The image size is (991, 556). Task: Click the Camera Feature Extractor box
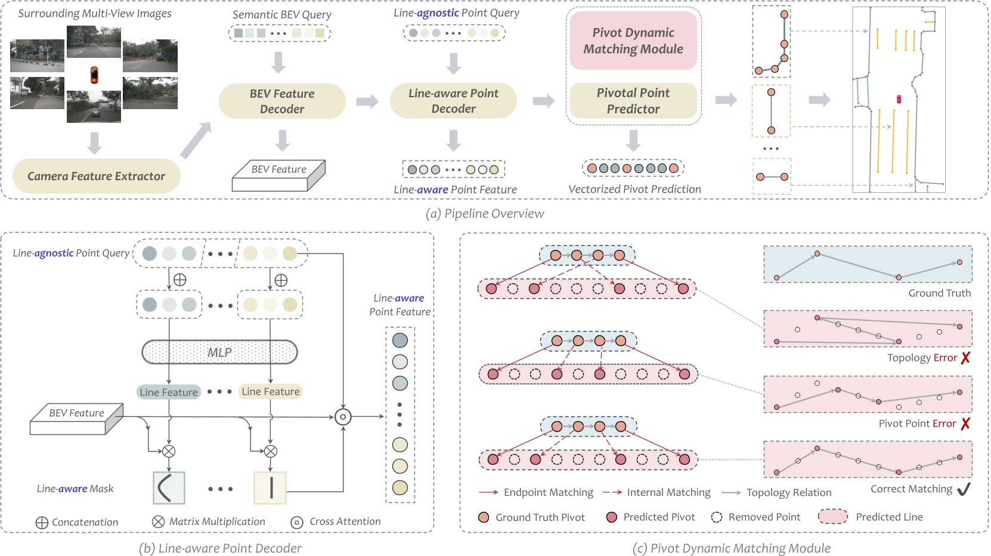[x=96, y=176]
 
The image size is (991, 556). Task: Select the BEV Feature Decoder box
[x=281, y=101]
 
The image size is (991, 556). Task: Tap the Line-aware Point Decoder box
[x=453, y=101]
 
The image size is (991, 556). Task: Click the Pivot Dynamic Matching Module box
[x=633, y=41]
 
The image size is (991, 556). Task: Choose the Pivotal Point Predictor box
[x=633, y=101]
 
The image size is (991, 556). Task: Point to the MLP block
[x=219, y=353]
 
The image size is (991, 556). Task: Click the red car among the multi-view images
[x=94, y=75]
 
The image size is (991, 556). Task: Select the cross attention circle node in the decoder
[x=343, y=417]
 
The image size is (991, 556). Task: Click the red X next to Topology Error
[x=965, y=358]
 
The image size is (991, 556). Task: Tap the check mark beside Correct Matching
[x=964, y=489]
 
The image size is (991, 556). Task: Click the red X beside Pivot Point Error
[x=965, y=424]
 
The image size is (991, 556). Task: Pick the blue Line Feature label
[x=169, y=392]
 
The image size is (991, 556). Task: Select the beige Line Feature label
[x=271, y=391]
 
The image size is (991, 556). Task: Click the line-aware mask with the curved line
[x=169, y=488]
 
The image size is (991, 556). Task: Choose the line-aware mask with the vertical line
[x=270, y=488]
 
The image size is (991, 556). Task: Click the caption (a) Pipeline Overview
[x=485, y=214]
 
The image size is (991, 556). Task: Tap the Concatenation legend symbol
[x=42, y=523]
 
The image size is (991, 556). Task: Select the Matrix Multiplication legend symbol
[x=158, y=522]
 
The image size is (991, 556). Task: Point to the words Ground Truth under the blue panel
[x=939, y=293]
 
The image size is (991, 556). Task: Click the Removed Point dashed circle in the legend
[x=717, y=517]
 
